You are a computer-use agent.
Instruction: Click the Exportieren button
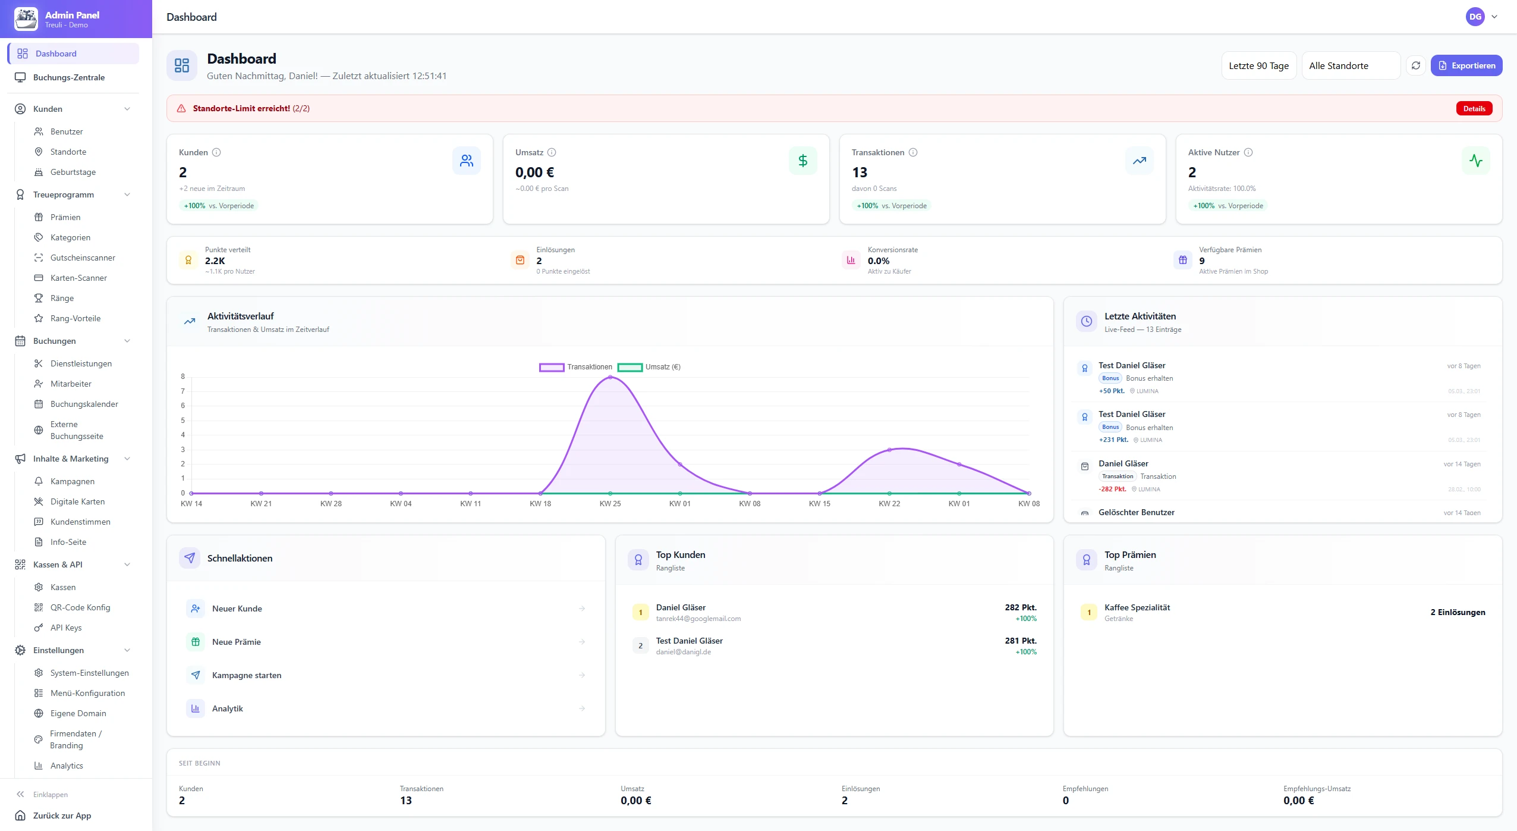point(1466,65)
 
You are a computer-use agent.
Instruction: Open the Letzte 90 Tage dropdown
point(1258,65)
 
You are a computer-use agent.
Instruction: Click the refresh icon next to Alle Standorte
point(1415,65)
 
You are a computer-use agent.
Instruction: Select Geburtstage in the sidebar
point(73,172)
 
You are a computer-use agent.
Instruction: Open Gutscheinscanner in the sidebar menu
point(83,258)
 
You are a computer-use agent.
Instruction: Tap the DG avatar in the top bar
point(1475,17)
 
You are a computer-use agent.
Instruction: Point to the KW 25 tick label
point(610,504)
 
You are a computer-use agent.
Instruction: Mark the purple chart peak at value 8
point(610,377)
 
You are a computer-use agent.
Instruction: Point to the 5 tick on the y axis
point(183,421)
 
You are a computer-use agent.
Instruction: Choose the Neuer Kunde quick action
point(237,609)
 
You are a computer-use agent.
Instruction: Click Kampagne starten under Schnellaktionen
point(246,675)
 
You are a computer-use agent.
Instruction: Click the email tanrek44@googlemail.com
point(698,619)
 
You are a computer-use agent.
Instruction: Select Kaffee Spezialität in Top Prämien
point(1137,607)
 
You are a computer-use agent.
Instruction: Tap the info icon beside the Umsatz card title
point(552,152)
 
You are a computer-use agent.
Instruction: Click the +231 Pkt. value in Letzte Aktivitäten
point(1113,440)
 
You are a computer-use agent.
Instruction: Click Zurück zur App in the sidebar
point(62,816)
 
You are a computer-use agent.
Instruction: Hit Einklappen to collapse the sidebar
point(50,795)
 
